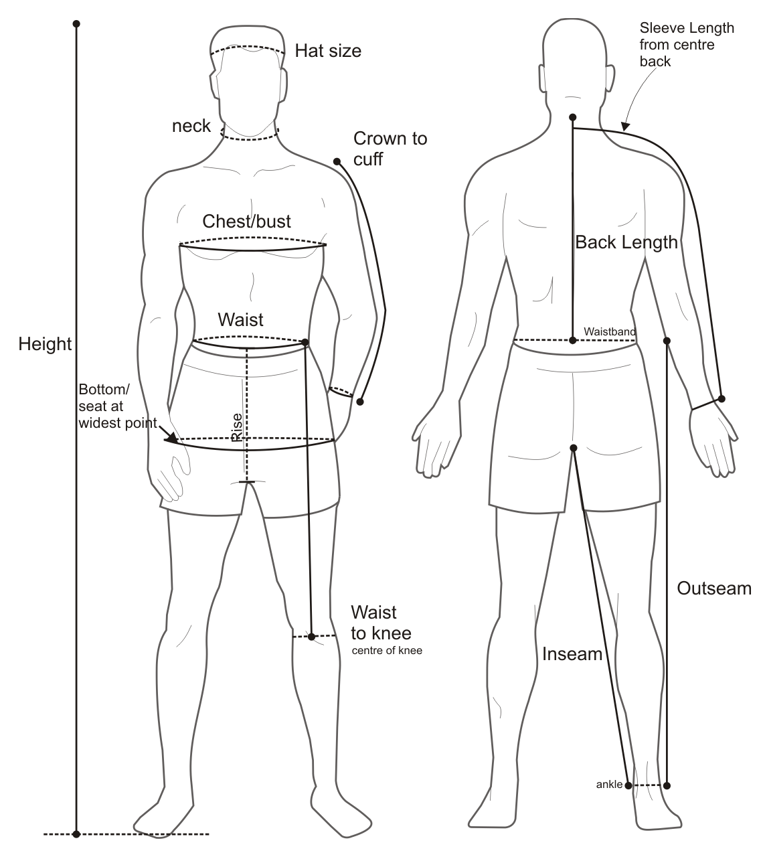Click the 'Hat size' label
(328, 51)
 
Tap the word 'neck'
(191, 126)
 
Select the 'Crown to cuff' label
(390, 148)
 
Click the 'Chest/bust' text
(247, 221)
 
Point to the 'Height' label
(45, 344)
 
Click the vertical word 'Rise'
(237, 427)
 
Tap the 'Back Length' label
(626, 242)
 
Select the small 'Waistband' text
(610, 331)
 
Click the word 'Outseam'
(714, 588)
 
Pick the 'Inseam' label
(572, 654)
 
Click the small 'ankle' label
(609, 785)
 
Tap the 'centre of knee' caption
(387, 650)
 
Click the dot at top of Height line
(77, 24)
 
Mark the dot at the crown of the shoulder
(337, 161)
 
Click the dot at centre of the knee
(312, 636)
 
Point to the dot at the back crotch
(573, 448)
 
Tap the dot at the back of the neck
(573, 118)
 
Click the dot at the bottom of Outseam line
(667, 785)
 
